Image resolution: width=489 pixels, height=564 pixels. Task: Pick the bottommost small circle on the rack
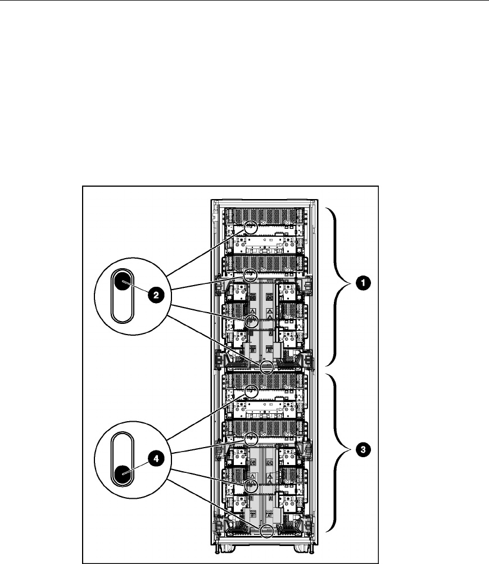[267, 529]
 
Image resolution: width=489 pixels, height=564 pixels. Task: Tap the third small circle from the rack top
[251, 322]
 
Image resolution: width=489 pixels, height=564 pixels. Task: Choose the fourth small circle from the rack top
[267, 368]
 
